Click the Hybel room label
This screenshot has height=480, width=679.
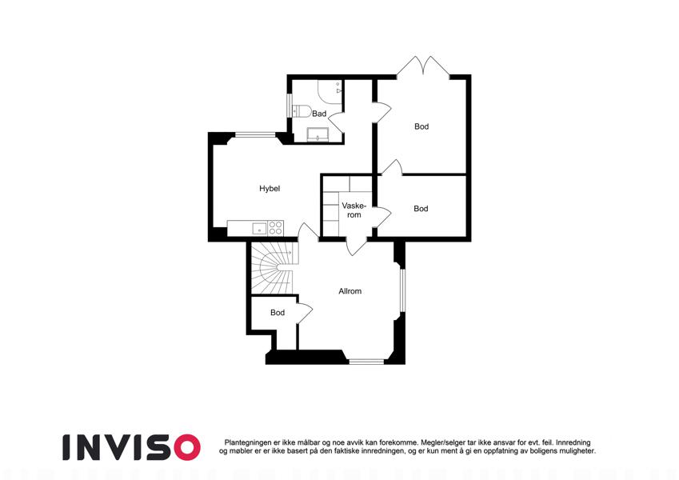270,189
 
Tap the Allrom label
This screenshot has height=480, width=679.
349,291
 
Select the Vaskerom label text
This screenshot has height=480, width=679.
353,210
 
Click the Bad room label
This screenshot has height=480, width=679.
319,114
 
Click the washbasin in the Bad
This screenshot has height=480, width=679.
318,134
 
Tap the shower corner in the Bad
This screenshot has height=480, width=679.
330,90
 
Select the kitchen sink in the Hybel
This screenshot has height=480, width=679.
259,228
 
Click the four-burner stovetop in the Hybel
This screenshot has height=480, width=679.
275,228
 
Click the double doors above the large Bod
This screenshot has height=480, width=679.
423,67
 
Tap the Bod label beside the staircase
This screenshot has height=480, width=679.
278,312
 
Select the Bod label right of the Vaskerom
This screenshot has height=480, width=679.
421,208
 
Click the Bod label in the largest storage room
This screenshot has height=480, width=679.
421,126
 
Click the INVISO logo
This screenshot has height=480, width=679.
131,447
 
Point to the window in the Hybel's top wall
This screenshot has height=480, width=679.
255,134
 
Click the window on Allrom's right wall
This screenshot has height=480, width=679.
402,290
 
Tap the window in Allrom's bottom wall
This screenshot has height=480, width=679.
366,361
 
